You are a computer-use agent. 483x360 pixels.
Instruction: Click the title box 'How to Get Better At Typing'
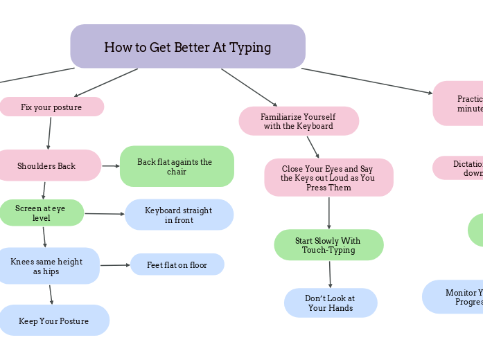pyautogui.click(x=187, y=46)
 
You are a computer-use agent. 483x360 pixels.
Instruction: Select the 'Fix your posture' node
pyautogui.click(x=51, y=107)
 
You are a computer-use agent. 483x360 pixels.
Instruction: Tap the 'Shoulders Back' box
pyautogui.click(x=47, y=165)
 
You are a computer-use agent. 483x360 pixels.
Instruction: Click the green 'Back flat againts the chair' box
pyautogui.click(x=177, y=166)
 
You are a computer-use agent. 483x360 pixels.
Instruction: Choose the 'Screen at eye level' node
pyautogui.click(x=41, y=213)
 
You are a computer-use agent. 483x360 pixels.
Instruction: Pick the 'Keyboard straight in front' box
pyautogui.click(x=179, y=215)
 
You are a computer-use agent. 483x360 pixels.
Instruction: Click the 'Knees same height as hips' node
pyautogui.click(x=47, y=266)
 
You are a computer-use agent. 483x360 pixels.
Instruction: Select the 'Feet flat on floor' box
pyautogui.click(x=177, y=264)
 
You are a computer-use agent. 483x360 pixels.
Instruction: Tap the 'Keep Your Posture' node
pyautogui.click(x=53, y=321)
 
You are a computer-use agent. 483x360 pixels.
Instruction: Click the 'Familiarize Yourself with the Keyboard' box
pyautogui.click(x=299, y=121)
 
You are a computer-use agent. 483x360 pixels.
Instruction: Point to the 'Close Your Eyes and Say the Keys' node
pyautogui.click(x=328, y=177)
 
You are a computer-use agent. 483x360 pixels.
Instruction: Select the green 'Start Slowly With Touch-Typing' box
pyautogui.click(x=328, y=245)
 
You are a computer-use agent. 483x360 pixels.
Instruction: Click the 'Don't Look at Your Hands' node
pyautogui.click(x=331, y=303)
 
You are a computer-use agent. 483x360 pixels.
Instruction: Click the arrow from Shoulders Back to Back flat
pyautogui.click(x=111, y=166)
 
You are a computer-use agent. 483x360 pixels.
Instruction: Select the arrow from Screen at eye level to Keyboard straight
pyautogui.click(x=104, y=214)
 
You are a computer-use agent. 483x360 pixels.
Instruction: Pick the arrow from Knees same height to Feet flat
pyautogui.click(x=115, y=265)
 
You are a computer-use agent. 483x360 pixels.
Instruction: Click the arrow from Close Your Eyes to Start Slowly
pyautogui.click(x=329, y=213)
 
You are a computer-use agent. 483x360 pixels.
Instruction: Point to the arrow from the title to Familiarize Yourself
pyautogui.click(x=249, y=87)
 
